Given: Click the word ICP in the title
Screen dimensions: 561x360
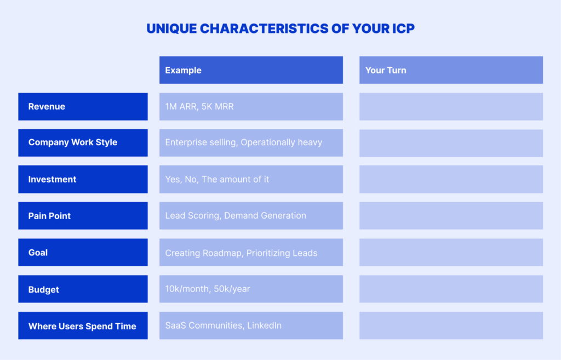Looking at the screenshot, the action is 403,28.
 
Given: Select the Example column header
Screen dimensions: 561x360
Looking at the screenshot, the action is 251,70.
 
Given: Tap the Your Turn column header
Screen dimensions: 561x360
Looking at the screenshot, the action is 451,70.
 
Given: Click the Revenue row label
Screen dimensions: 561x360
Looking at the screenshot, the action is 83,107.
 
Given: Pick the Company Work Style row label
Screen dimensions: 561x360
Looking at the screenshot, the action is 83,143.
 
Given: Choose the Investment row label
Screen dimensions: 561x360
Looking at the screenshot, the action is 83,179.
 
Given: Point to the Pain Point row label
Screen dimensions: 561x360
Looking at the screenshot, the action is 83,216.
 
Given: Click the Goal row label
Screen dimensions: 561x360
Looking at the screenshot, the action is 83,252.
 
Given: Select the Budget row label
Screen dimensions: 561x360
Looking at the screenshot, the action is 83,289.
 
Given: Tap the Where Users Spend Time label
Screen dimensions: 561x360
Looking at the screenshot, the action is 83,325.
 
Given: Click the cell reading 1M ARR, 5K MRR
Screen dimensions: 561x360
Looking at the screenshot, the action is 251,107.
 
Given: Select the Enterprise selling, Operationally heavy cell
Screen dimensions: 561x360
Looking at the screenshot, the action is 251,143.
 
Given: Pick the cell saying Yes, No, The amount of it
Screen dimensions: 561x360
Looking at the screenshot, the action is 251,179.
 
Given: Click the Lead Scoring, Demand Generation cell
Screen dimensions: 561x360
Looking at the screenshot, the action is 251,216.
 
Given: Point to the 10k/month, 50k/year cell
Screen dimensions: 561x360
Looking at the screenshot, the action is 251,289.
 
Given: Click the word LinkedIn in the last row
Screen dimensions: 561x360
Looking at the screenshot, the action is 265,325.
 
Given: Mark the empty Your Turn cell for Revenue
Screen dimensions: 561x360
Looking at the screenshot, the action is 451,107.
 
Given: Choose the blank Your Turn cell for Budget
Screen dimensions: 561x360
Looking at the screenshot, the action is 451,289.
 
